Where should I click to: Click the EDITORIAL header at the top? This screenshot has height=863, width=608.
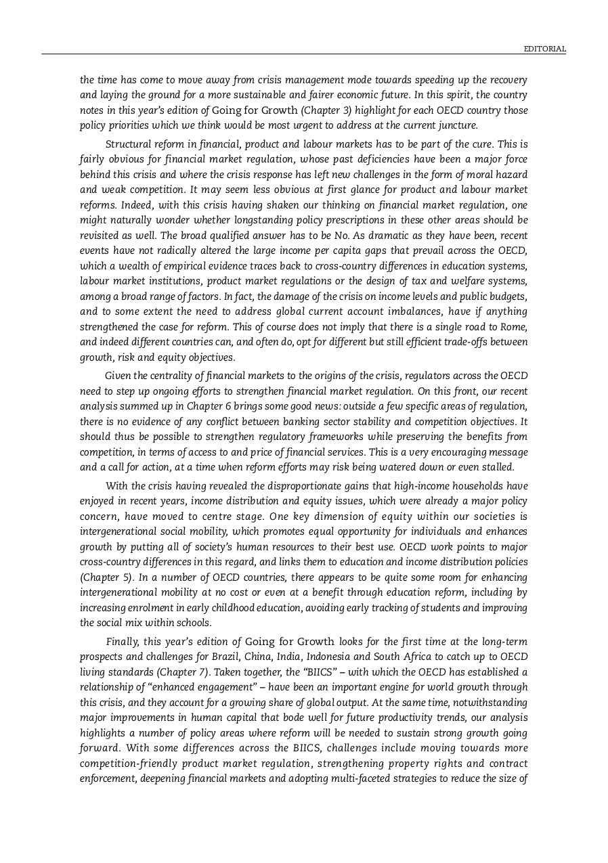click(x=546, y=49)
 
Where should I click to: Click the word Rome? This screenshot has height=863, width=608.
click(x=515, y=327)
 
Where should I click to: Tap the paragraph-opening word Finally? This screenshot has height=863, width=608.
click(x=123, y=642)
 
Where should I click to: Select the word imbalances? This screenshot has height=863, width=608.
click(x=413, y=311)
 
